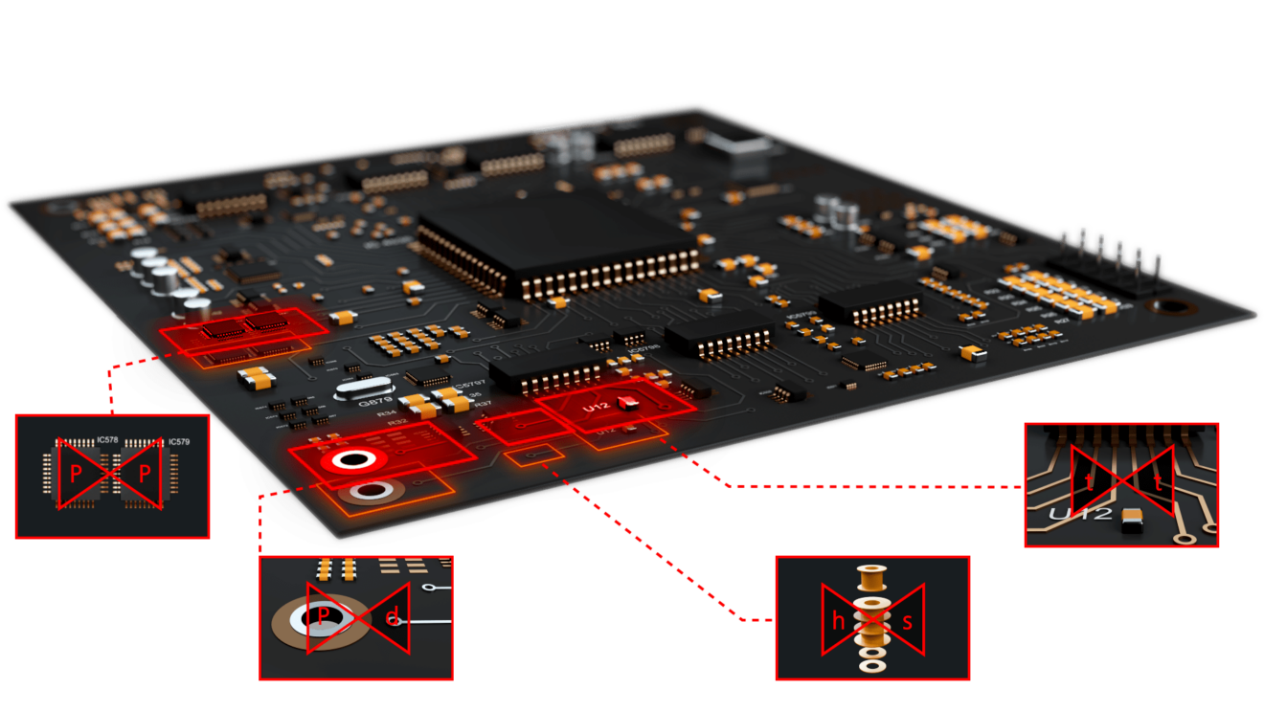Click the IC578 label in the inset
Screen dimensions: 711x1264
point(107,441)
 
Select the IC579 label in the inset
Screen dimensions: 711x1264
point(178,442)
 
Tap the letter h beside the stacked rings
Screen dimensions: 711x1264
point(839,621)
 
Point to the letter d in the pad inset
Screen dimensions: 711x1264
point(391,619)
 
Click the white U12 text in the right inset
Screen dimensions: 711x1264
point(1079,516)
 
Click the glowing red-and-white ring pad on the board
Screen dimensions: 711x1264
point(352,460)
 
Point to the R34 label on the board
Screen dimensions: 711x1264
point(386,414)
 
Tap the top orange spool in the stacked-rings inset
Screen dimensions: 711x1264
point(871,578)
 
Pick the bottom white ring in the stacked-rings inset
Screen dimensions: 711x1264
point(871,664)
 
